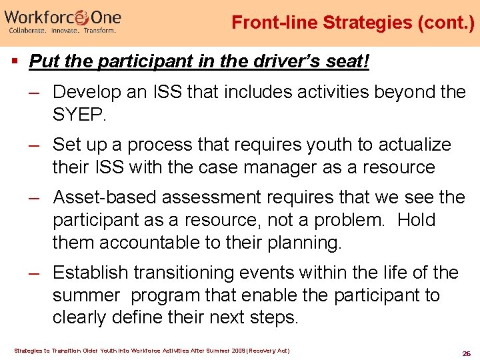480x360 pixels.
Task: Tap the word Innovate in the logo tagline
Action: [69, 31]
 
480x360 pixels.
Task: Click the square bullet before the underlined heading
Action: [15, 62]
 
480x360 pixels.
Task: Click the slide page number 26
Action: [466, 353]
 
